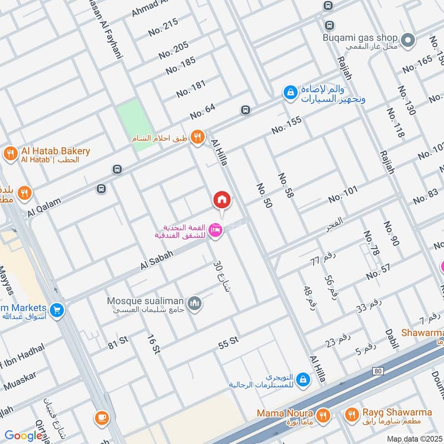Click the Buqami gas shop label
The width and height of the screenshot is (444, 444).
(360, 38)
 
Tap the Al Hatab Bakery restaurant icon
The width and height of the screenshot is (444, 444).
(9, 153)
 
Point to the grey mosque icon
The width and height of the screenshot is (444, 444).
(194, 303)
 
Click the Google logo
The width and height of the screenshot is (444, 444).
(23, 436)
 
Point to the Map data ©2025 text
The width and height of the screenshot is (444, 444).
(413, 439)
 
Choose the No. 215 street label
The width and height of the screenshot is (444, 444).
(163, 27)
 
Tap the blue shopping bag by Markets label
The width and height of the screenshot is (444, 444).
(56, 311)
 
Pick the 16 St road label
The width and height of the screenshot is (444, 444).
(153, 344)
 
